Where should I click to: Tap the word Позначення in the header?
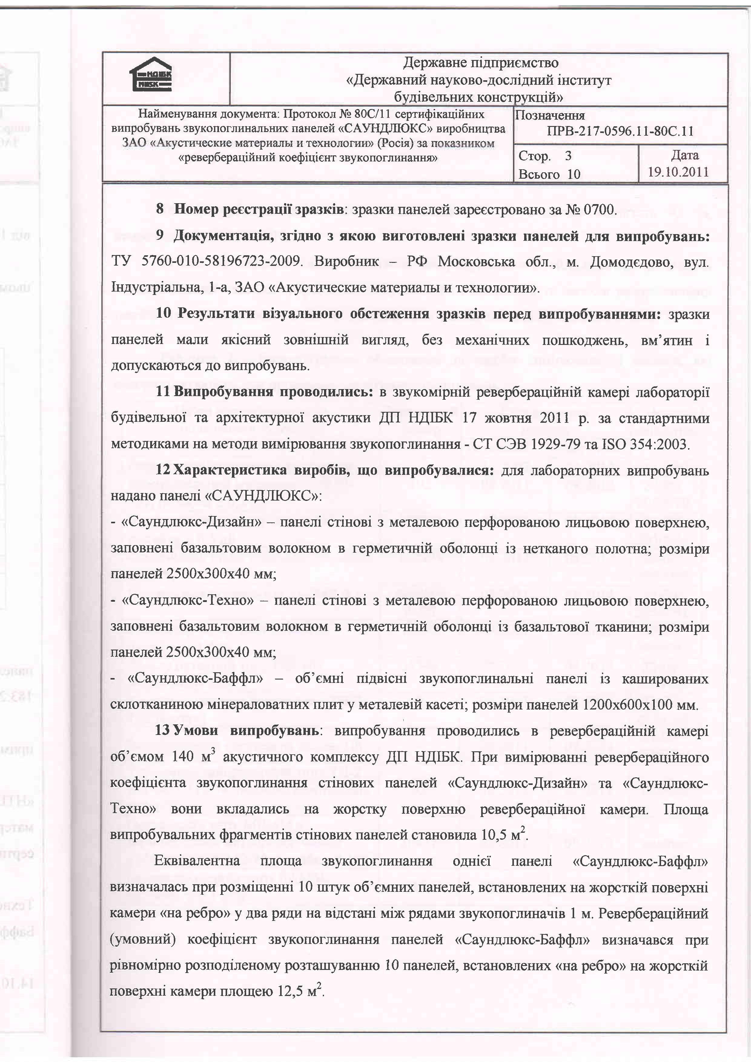[550, 116]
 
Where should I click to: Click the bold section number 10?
[163, 314]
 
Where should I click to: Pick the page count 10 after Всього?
[574, 174]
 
